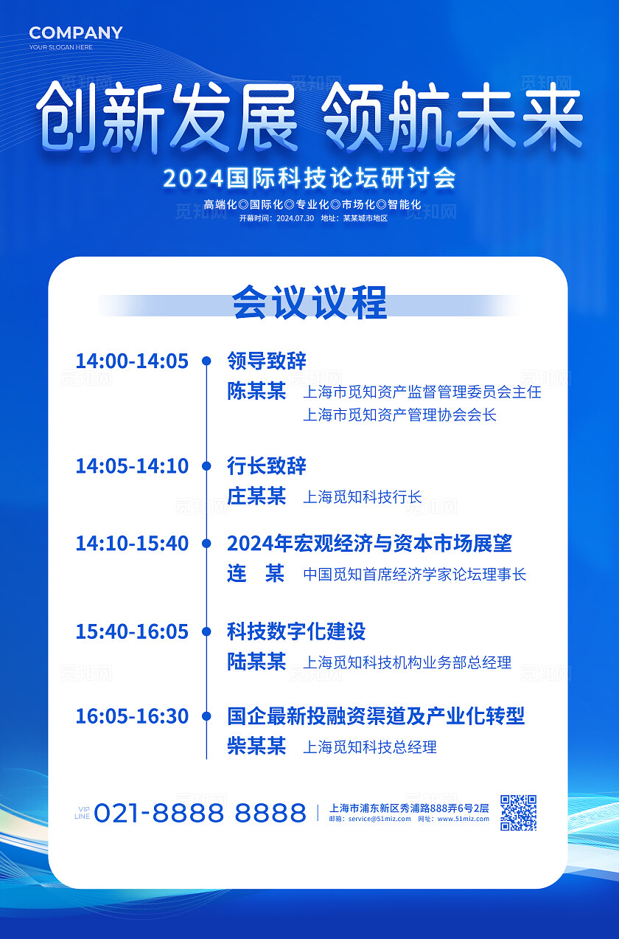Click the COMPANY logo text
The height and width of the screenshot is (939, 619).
tap(76, 32)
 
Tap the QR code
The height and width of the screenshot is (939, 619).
tap(518, 812)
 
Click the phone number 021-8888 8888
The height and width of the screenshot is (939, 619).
tap(200, 813)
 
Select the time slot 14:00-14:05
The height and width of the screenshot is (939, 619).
tap(132, 361)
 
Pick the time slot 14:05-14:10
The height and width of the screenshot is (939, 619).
tap(132, 466)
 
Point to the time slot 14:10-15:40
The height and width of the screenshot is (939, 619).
tap(132, 544)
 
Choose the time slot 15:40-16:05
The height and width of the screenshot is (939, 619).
tap(132, 631)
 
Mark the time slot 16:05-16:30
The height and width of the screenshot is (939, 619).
tap(132, 715)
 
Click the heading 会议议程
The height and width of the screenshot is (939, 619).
tap(309, 303)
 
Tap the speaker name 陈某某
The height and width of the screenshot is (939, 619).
tap(256, 391)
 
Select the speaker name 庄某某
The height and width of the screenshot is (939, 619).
tap(256, 496)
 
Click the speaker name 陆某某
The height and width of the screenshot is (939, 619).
tap(256, 662)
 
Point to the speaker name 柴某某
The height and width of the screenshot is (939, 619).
tap(256, 746)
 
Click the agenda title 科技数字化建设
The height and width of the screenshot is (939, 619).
tap(296, 631)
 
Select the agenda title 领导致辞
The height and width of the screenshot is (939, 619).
tap(267, 361)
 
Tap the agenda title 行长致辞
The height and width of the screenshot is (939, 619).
tap(267, 466)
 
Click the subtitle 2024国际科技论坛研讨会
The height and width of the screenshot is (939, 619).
tap(309, 179)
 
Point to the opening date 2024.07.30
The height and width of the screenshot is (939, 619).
tap(295, 218)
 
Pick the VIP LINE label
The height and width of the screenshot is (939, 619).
tap(82, 813)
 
